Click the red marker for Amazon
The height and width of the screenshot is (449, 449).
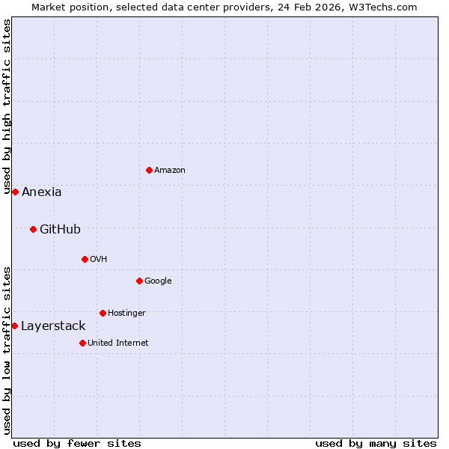(x=149, y=170)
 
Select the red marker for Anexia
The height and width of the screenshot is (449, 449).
(x=15, y=192)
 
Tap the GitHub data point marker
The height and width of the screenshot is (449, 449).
(x=33, y=229)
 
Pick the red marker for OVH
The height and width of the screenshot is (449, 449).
(x=85, y=259)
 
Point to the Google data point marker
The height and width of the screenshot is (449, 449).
(x=139, y=281)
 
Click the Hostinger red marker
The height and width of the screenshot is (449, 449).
(x=103, y=313)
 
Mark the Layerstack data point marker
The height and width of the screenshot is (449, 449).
(x=14, y=326)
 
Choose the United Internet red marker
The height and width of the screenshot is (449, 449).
(x=82, y=343)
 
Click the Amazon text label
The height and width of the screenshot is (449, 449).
(x=170, y=170)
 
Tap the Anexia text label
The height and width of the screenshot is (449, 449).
(x=42, y=192)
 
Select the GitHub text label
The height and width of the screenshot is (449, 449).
(x=60, y=229)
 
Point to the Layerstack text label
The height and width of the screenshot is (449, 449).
(x=53, y=326)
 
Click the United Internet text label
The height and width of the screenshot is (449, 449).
(x=118, y=343)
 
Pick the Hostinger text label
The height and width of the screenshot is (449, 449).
(x=126, y=313)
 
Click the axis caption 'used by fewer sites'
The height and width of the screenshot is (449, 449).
(x=77, y=443)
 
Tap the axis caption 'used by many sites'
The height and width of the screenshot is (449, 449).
(x=376, y=443)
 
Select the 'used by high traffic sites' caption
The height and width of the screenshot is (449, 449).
(x=7, y=107)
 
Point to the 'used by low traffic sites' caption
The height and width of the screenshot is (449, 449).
(x=7, y=350)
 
